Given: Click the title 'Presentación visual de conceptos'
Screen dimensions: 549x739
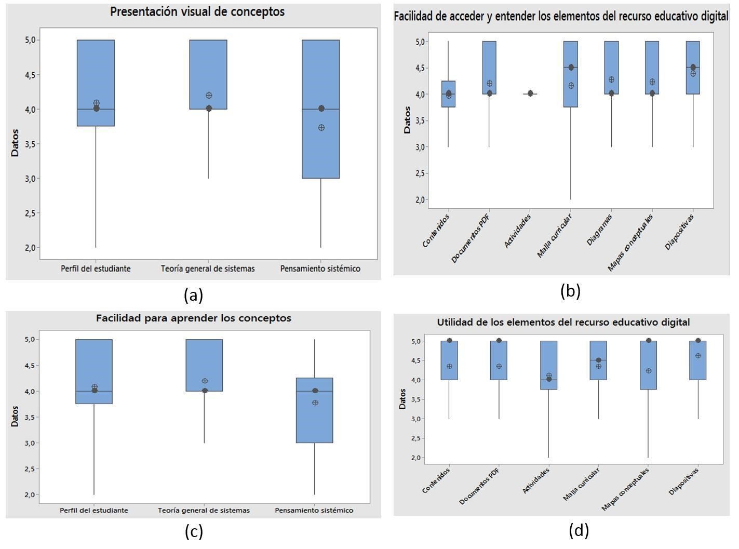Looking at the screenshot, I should tap(197, 12).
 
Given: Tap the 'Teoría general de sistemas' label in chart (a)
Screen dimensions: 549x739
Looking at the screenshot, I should tap(208, 269).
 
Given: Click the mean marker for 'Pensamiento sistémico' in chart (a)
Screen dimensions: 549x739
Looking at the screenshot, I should tap(321, 127).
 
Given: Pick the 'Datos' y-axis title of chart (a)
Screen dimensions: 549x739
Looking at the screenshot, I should tap(15, 143).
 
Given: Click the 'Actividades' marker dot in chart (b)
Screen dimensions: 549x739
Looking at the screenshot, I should tap(530, 93).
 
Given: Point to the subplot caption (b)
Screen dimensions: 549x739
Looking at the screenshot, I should tap(570, 291).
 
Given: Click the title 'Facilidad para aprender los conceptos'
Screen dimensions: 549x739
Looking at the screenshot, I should tap(193, 318).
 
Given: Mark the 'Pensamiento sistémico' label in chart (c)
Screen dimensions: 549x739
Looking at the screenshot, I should tap(314, 510).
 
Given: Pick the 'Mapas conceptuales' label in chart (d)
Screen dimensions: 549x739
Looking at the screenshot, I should tap(626, 489).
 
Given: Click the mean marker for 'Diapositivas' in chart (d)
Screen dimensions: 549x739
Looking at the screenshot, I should tap(698, 356).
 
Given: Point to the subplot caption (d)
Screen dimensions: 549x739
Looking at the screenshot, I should tap(579, 530).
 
